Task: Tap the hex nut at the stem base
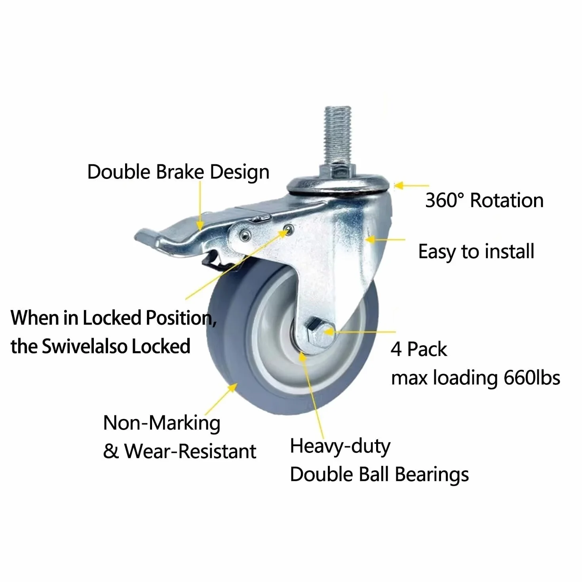tap(338, 171)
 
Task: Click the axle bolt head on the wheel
tap(321, 332)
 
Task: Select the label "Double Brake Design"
tap(178, 172)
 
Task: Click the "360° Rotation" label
tap(484, 200)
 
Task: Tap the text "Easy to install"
tap(476, 251)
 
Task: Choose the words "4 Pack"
tap(418, 349)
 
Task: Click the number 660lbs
tap(532, 378)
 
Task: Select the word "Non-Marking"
tap(162, 423)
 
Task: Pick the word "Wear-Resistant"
tap(190, 451)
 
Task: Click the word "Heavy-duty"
tap(340, 446)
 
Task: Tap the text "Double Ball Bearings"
tap(379, 474)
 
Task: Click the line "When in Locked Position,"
tap(114, 318)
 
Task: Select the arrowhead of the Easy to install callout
tap(370, 240)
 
